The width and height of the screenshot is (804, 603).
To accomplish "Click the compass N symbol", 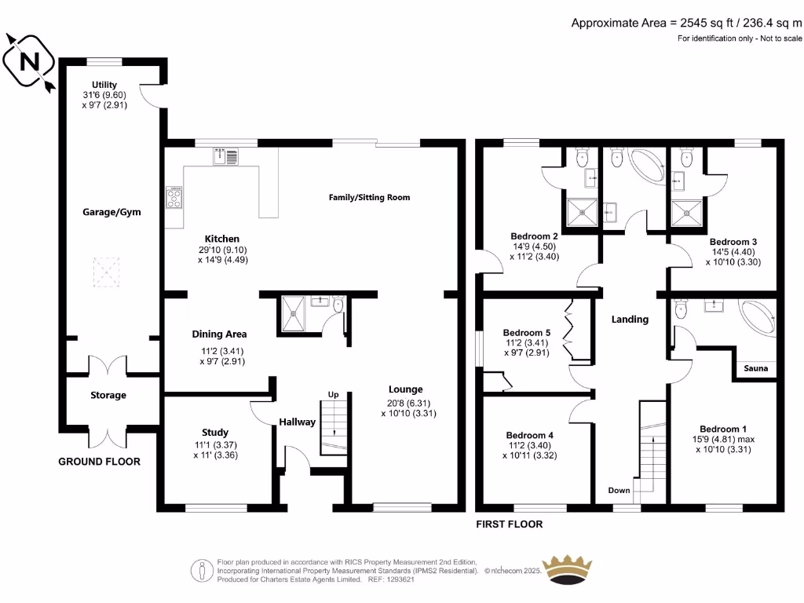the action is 29,62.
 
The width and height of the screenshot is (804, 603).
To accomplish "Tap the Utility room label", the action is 104,85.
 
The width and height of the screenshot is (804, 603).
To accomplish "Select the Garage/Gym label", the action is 111,212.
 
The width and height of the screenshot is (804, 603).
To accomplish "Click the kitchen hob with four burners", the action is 174,197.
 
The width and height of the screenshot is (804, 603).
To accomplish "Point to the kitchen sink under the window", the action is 225,156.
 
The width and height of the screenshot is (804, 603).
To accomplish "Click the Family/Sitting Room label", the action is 369,197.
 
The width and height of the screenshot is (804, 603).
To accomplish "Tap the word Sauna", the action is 756,368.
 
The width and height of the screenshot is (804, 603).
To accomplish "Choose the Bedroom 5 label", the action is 527,333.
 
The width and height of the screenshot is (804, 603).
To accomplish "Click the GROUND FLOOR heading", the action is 99,462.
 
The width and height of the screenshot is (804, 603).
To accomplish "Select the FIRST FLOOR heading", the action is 509,524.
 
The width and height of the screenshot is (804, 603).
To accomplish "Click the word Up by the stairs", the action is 333,395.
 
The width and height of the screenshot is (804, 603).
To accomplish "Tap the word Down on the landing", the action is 619,490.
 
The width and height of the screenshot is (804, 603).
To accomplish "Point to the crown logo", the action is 567,569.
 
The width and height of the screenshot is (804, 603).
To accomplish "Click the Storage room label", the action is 108,396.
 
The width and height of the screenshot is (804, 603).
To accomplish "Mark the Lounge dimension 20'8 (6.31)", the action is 408,404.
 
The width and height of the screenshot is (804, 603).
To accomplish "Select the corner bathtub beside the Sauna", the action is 758,318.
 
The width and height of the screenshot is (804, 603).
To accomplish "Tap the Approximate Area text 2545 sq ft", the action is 707,23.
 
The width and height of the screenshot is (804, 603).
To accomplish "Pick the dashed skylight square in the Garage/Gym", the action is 106,272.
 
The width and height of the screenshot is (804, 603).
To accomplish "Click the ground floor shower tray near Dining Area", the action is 294,314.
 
